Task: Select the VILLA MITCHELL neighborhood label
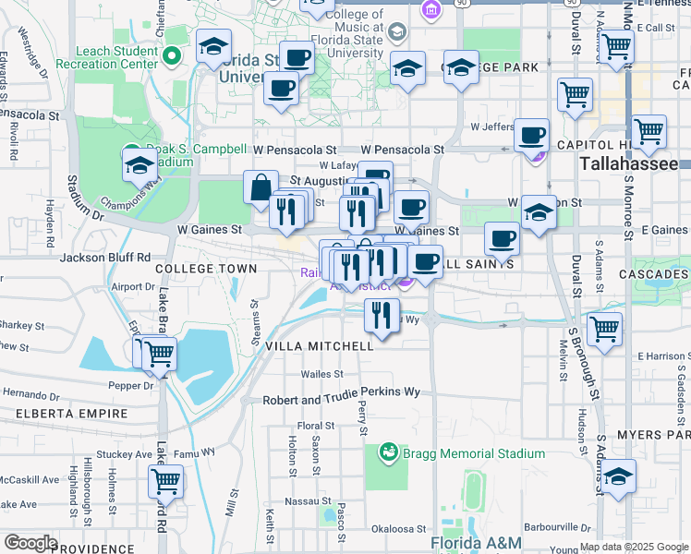tap(320, 346)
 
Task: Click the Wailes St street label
tap(322, 374)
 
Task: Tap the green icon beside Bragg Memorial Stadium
tap(388, 452)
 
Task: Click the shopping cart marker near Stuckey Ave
tap(165, 480)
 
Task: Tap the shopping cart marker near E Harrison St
tap(604, 328)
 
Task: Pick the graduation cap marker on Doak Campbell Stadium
tap(139, 164)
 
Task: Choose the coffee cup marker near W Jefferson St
tap(531, 135)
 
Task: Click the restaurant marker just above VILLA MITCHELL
tap(381, 315)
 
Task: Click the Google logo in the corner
tap(30, 543)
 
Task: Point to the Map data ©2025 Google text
tap(633, 547)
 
